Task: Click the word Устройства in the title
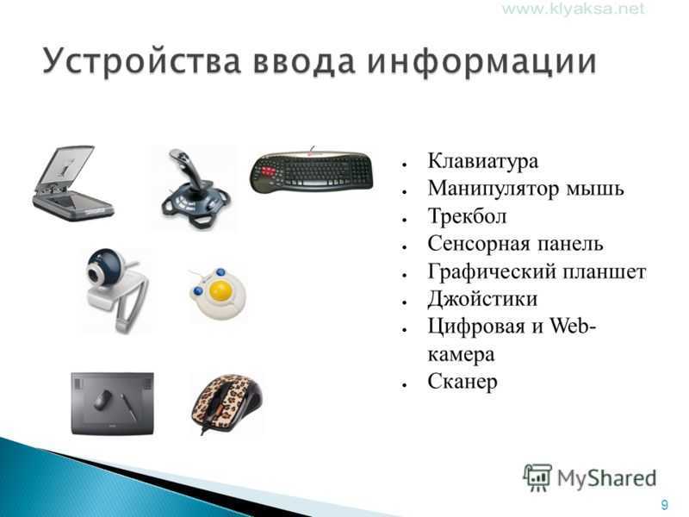(x=141, y=61)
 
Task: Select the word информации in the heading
(x=481, y=61)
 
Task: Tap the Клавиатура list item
(x=482, y=161)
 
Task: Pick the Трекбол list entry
(x=467, y=216)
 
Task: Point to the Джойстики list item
(x=482, y=299)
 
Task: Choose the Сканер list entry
(x=462, y=382)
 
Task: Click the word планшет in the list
(x=605, y=271)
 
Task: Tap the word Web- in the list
(x=573, y=327)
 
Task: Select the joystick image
(x=196, y=189)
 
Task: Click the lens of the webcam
(x=94, y=274)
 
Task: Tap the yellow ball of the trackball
(x=220, y=290)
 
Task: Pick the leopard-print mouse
(x=226, y=403)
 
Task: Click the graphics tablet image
(x=113, y=403)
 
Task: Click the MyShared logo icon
(x=537, y=477)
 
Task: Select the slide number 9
(x=664, y=504)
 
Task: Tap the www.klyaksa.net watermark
(x=574, y=9)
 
